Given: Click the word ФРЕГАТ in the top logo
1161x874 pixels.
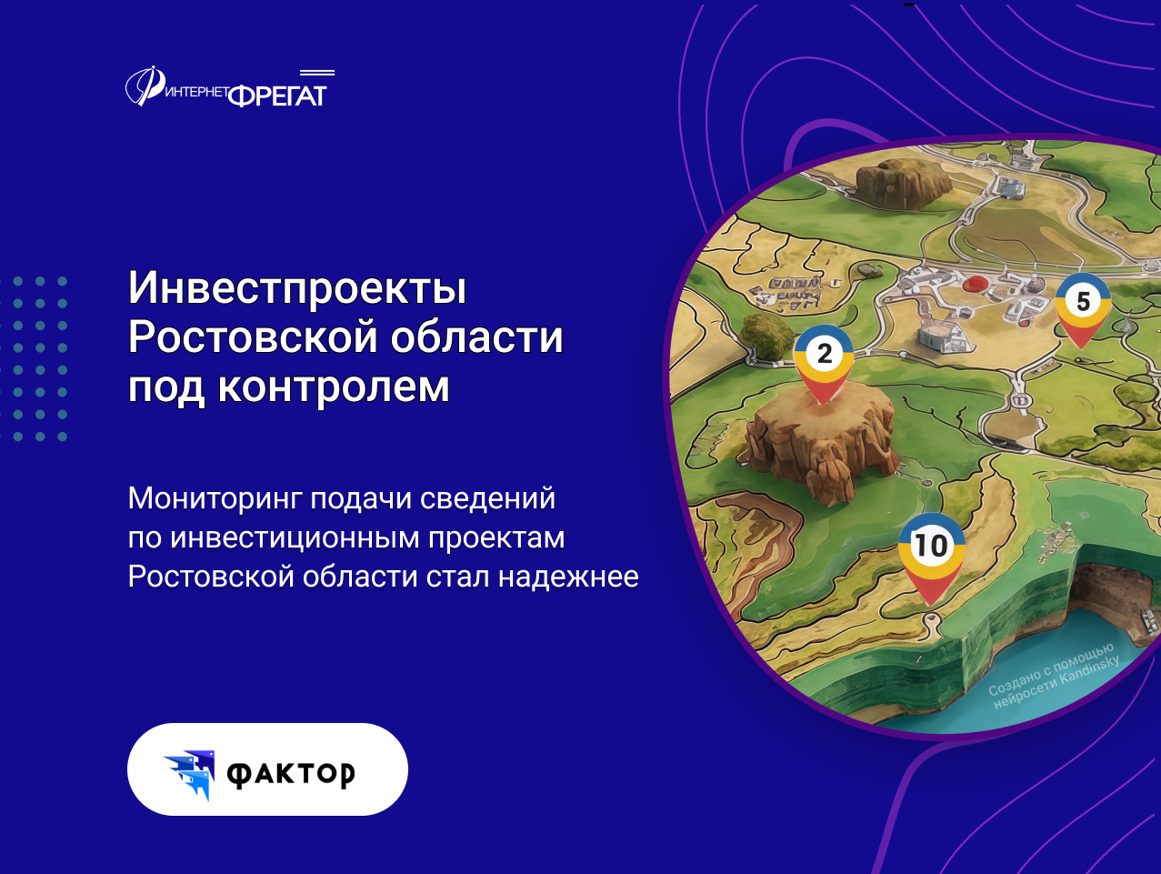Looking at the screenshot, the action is tap(277, 95).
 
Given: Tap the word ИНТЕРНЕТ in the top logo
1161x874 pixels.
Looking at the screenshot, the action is tap(196, 92).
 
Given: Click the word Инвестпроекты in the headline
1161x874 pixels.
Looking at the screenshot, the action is tap(297, 288).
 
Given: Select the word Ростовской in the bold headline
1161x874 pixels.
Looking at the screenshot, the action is tap(253, 337).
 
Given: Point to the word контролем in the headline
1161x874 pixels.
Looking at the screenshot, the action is tap(334, 387).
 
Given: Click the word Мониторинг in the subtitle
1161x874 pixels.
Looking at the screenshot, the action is tap(215, 499).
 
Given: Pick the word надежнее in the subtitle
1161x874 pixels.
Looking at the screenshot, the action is tap(568, 576).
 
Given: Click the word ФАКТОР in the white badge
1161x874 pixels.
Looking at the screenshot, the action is tap(290, 775).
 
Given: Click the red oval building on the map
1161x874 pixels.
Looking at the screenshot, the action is tap(975, 284).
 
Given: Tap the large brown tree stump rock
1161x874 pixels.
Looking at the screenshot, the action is tap(821, 443).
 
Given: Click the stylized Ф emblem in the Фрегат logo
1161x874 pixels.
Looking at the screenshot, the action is tap(145, 86).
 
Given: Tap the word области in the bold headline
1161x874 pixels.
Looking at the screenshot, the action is tap(476, 337).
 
